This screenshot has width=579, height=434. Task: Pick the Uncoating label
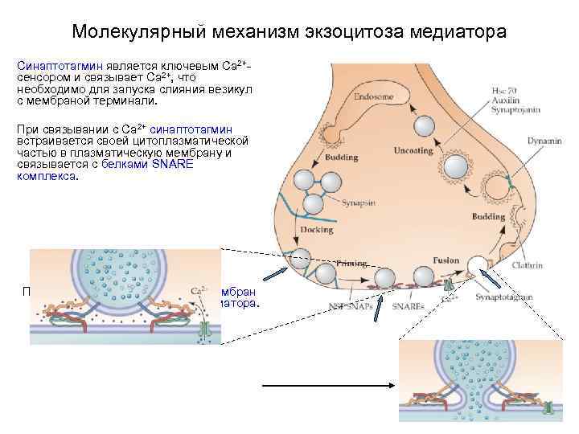(416, 150)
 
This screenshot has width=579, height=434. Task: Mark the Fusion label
(446, 260)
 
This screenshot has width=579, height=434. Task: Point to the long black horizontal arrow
(328, 384)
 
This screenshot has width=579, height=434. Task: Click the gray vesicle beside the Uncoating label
(456, 166)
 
